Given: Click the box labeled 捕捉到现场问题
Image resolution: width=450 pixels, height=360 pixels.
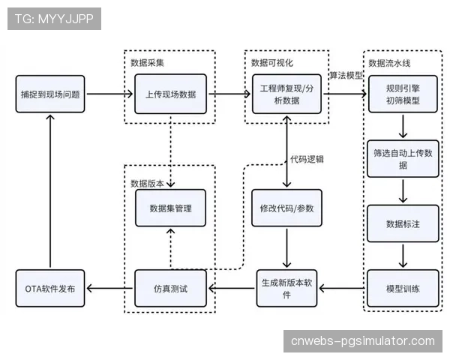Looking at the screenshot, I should [50, 94].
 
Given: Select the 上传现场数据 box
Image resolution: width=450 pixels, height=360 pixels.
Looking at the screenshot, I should [170, 94].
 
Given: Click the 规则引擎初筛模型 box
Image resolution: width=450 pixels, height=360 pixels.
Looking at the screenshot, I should [403, 94].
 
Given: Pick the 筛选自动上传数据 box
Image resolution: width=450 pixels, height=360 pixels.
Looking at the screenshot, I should [403, 158].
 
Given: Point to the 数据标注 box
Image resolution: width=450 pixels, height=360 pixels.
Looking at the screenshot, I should [403, 223].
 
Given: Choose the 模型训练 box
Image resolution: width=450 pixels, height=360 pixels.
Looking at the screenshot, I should [403, 289].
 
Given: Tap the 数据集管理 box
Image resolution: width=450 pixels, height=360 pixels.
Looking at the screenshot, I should [170, 208].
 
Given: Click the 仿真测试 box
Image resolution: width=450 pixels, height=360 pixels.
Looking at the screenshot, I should [170, 289].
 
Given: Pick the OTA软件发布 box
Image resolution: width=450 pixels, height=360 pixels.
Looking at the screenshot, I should [50, 289].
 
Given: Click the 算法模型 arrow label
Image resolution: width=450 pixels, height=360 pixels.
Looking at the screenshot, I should [346, 76].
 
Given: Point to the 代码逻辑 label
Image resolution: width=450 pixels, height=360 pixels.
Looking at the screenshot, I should [309, 159].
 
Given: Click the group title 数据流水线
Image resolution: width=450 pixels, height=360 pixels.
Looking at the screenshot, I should [390, 61].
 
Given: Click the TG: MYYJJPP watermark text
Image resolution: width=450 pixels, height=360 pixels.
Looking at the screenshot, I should [54, 19].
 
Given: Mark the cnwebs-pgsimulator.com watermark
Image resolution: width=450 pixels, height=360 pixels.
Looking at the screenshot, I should [362, 341].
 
